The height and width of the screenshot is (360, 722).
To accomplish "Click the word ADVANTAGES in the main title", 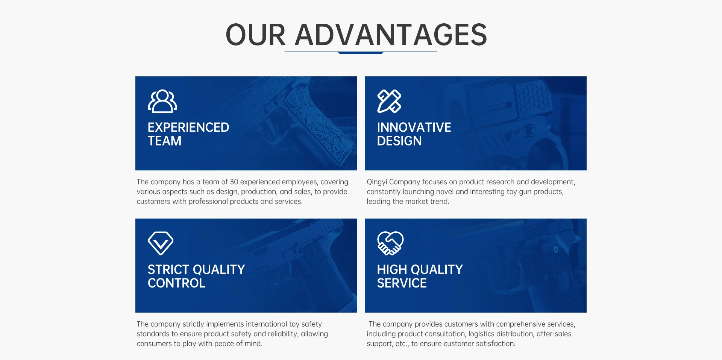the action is tap(391, 35).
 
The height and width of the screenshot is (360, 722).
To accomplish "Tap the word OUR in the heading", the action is tap(256, 35).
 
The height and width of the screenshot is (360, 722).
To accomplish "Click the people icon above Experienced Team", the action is tap(162, 101).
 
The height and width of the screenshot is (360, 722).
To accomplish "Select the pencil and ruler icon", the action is tap(389, 101).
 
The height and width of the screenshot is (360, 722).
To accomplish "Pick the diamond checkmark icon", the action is tap(161, 243).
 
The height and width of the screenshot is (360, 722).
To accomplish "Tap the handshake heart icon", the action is tap(390, 243).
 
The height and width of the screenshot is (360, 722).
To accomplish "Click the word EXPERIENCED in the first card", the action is tap(188, 128).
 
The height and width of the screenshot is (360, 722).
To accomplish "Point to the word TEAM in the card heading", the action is tap(165, 141).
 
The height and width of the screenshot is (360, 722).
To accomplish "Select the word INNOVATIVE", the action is tap(414, 128).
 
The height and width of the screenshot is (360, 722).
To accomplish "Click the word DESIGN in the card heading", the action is tap(399, 141).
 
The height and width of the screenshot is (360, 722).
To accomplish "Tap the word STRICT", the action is tap(168, 270).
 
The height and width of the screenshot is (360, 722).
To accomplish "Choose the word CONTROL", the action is tap(177, 283).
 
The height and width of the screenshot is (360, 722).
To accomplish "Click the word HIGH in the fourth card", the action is tap(392, 270).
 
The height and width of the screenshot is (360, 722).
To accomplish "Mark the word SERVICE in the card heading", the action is tap(402, 283).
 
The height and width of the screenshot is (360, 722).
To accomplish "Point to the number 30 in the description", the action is tap(234, 182).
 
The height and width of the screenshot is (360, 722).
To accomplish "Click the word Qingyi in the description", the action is tap(377, 182).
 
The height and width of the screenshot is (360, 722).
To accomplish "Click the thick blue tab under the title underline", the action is tap(361, 53).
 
